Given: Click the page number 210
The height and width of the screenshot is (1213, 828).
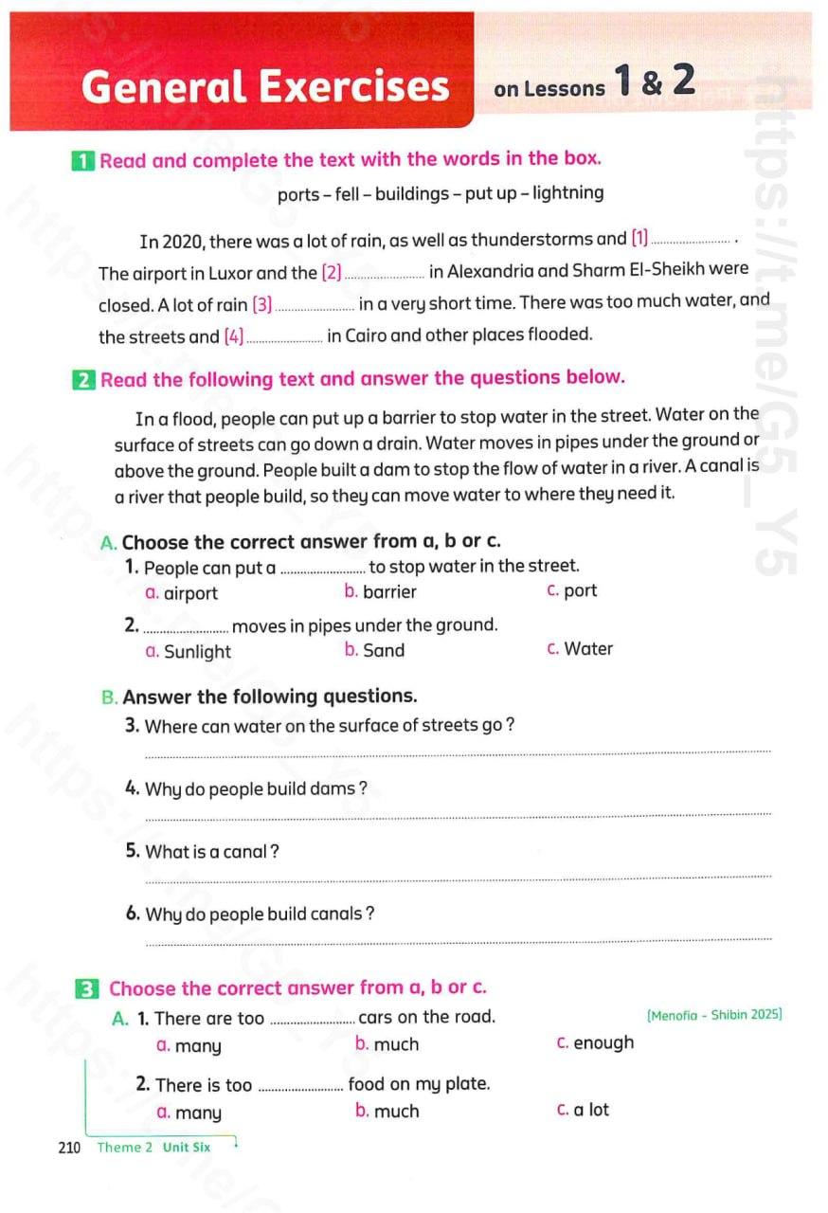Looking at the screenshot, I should pyautogui.click(x=69, y=1148).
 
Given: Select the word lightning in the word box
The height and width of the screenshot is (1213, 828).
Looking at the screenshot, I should pyautogui.click(x=567, y=193).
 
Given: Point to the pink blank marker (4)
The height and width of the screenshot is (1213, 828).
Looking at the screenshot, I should pyautogui.click(x=234, y=335).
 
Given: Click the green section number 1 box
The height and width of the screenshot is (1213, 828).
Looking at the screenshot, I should pyautogui.click(x=82, y=161).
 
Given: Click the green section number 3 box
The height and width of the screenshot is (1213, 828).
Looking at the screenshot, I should pyautogui.click(x=87, y=989).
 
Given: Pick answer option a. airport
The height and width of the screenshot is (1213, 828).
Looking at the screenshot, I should pyautogui.click(x=182, y=594).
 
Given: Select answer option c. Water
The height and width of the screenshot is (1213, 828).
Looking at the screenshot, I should pyautogui.click(x=580, y=649).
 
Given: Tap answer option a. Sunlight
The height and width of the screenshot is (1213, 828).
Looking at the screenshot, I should pyautogui.click(x=189, y=652).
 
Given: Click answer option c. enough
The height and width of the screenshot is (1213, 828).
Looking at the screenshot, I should pyautogui.click(x=596, y=1043).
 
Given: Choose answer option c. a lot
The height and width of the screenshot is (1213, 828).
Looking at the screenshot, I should pyautogui.click(x=584, y=1110).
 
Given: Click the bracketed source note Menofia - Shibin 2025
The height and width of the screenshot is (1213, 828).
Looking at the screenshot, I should pyautogui.click(x=714, y=1015).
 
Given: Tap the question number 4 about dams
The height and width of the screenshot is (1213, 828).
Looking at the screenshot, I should pyautogui.click(x=133, y=788).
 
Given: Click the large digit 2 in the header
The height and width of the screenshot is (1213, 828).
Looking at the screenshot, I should pyautogui.click(x=684, y=81).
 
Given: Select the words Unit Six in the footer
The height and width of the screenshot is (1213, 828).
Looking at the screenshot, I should pyautogui.click(x=187, y=1148).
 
